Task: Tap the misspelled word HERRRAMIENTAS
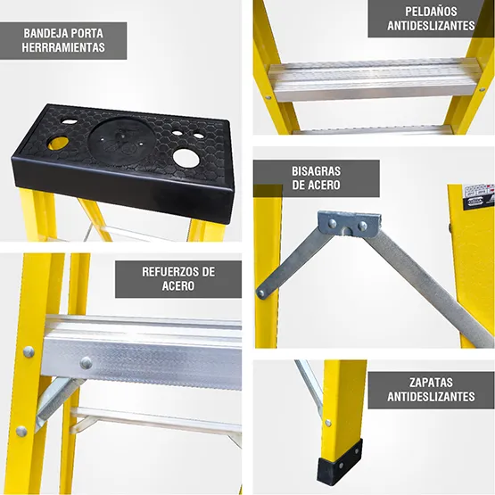(x=63, y=47)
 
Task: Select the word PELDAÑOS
(x=431, y=12)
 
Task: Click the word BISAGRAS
(x=316, y=171)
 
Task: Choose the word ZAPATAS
(x=431, y=383)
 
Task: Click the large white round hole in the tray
(x=186, y=158)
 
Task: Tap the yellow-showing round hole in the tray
(x=58, y=143)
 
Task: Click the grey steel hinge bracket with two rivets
(x=349, y=223)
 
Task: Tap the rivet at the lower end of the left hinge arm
(x=261, y=293)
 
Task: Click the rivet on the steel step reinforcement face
(x=86, y=363)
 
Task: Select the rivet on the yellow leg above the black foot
(x=328, y=423)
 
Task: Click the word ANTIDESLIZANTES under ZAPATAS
(x=431, y=397)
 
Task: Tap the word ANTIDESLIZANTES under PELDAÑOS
(x=431, y=26)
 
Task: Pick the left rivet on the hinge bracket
(x=332, y=224)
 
